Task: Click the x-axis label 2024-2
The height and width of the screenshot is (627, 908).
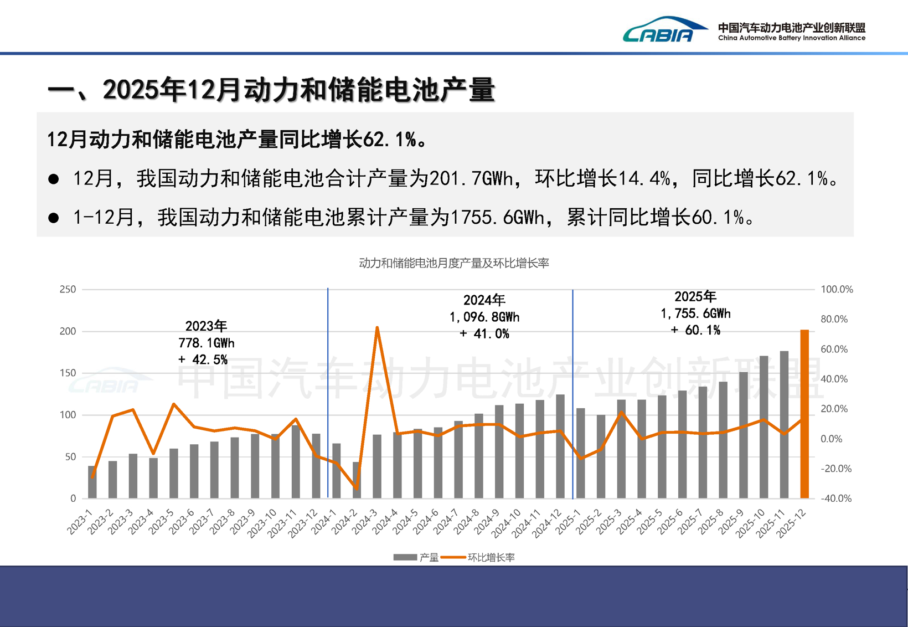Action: [345, 523]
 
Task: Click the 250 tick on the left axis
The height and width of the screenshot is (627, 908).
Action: [68, 289]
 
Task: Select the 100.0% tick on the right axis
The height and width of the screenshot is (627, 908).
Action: [837, 289]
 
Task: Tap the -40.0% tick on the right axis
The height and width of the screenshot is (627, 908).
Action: [836, 498]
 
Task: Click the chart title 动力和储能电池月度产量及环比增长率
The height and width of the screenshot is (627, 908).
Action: [454, 263]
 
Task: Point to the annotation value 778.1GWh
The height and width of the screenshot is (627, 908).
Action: [207, 343]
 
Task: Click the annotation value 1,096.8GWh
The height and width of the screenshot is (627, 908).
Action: [484, 317]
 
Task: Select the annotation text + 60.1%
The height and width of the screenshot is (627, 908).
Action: [695, 330]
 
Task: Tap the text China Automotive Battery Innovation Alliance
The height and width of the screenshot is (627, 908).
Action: [791, 38]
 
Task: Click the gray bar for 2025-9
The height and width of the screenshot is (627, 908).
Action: [744, 435]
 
